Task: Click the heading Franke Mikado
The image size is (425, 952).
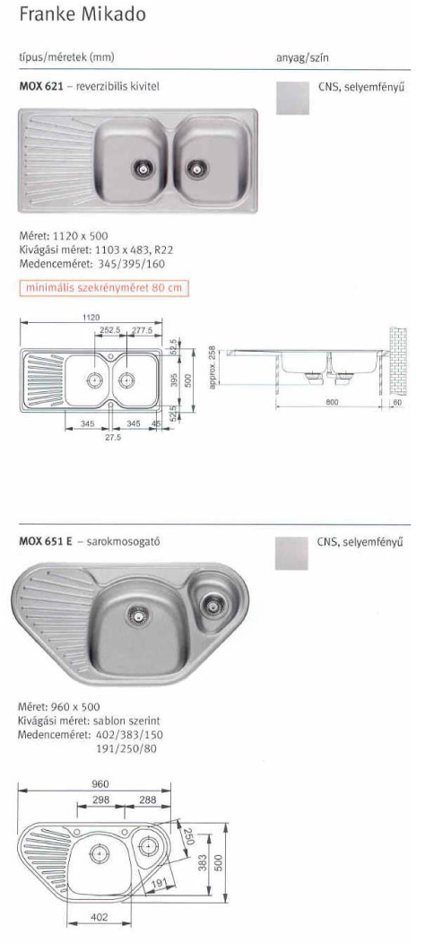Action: (x=82, y=14)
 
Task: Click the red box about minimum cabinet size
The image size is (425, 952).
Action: (x=104, y=288)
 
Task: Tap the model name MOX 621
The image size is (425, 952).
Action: (x=41, y=87)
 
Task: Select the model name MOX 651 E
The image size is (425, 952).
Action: (x=46, y=542)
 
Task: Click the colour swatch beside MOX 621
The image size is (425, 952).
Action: (x=292, y=98)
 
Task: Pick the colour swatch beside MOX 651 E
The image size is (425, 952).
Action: (x=291, y=553)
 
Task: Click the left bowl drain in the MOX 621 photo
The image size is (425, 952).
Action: (x=143, y=167)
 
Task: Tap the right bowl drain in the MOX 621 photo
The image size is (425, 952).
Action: (x=195, y=167)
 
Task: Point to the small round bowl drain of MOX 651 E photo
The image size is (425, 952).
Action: (x=211, y=604)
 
